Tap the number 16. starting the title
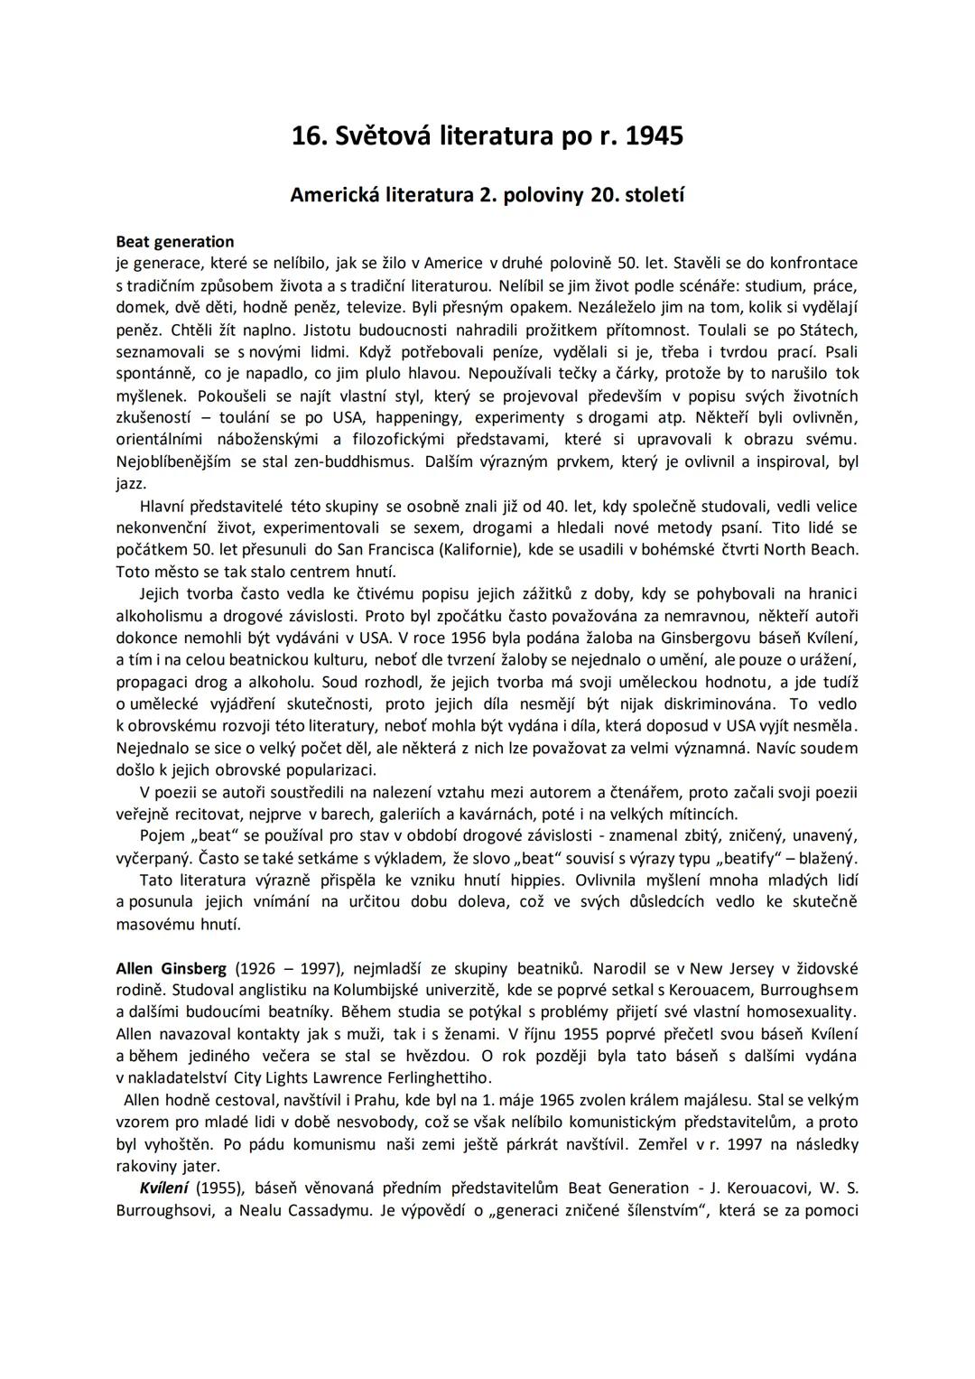point(310,136)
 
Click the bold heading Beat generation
point(175,241)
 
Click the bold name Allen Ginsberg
point(172,968)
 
